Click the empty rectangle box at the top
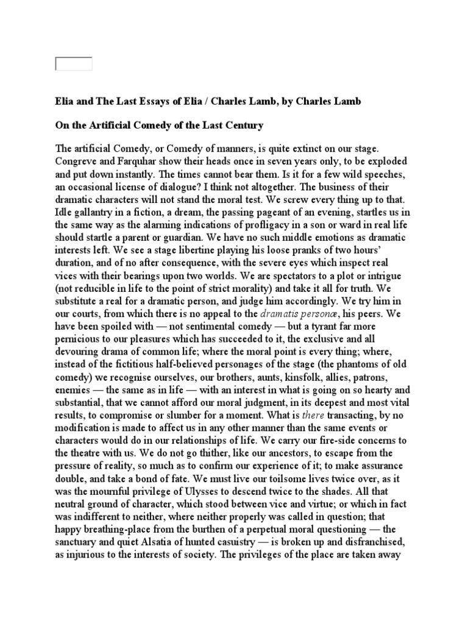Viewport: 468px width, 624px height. pyautogui.click(x=74, y=63)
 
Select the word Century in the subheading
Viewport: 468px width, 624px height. pyautogui.click(x=241, y=126)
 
